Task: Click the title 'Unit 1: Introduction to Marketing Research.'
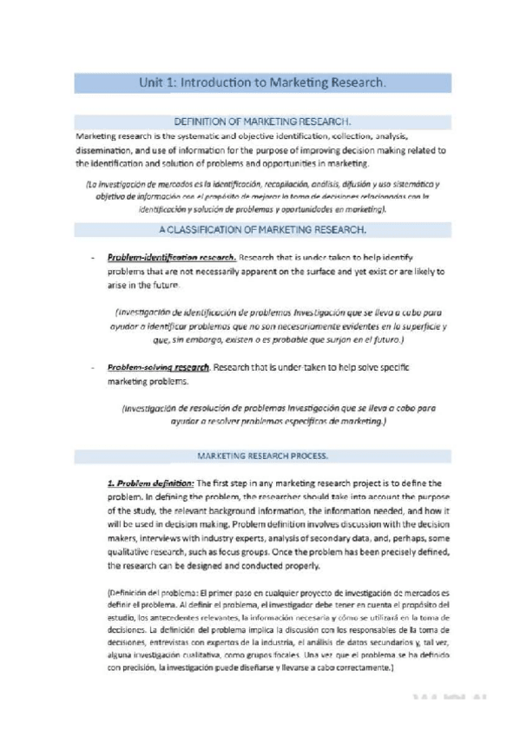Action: [261, 83]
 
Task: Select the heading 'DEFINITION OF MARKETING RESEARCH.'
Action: [261, 123]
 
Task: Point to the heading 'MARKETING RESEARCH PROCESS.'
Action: [261, 455]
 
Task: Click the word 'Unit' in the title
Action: [153, 83]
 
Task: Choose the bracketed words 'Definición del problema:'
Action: [144, 593]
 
